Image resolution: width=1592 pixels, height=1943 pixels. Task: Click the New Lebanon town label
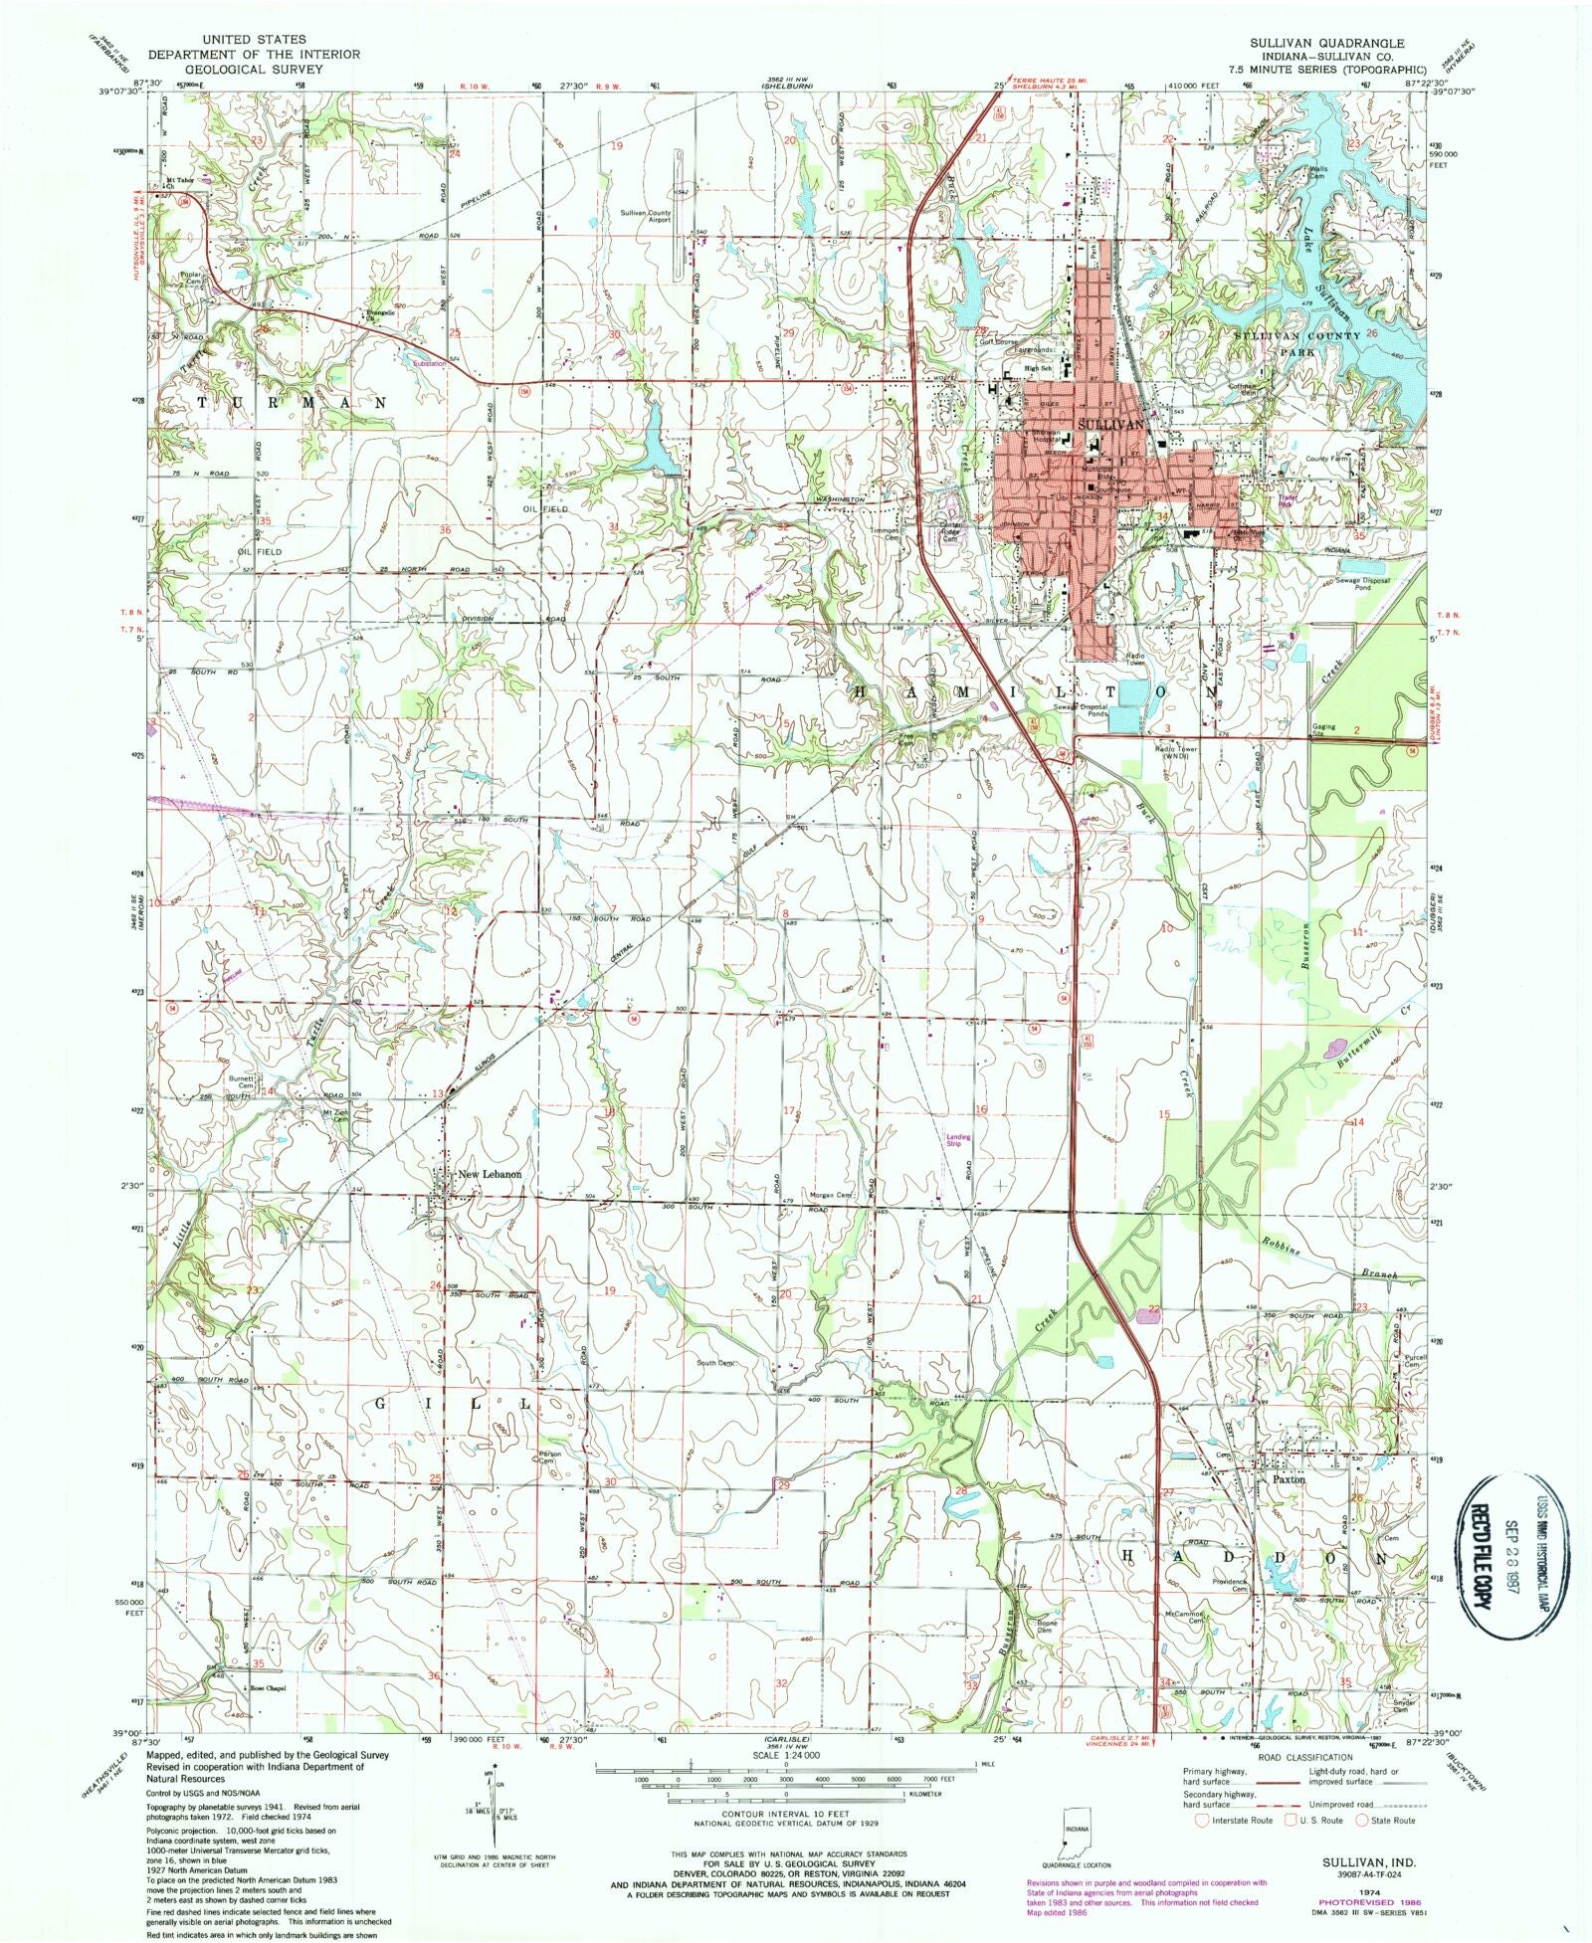[x=489, y=1175]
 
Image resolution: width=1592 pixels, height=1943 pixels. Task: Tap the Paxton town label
[x=1289, y=1478]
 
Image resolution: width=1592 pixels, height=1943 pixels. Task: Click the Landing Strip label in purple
[x=958, y=1140]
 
